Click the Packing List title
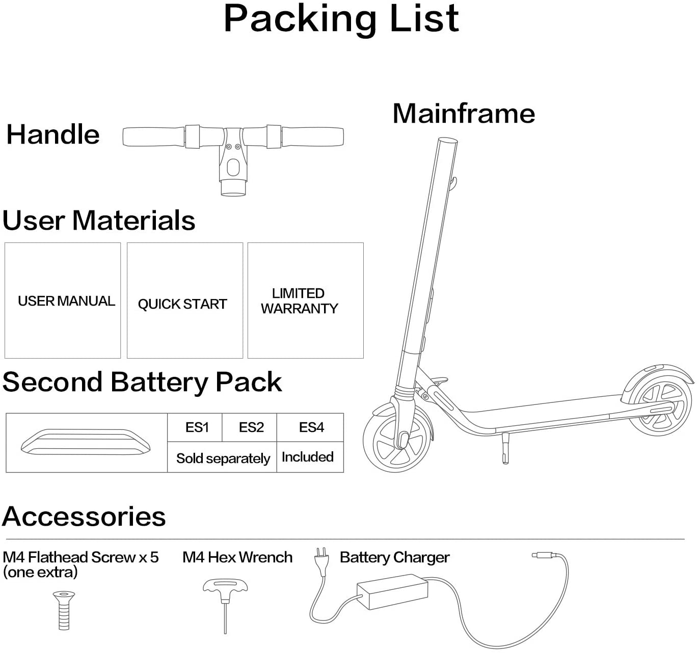click(341, 19)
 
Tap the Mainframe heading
click(464, 113)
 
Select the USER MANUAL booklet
click(63, 301)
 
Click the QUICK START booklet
click(184, 301)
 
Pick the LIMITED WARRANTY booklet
click(305, 301)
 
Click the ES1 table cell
click(197, 427)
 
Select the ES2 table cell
click(251, 427)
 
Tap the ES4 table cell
click(311, 427)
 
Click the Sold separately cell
click(223, 458)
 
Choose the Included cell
click(308, 457)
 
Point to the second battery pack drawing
click(86, 442)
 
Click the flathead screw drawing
click(64, 610)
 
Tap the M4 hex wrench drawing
click(225, 601)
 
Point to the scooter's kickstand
click(505, 448)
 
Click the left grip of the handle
click(153, 137)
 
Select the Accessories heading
click(84, 516)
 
